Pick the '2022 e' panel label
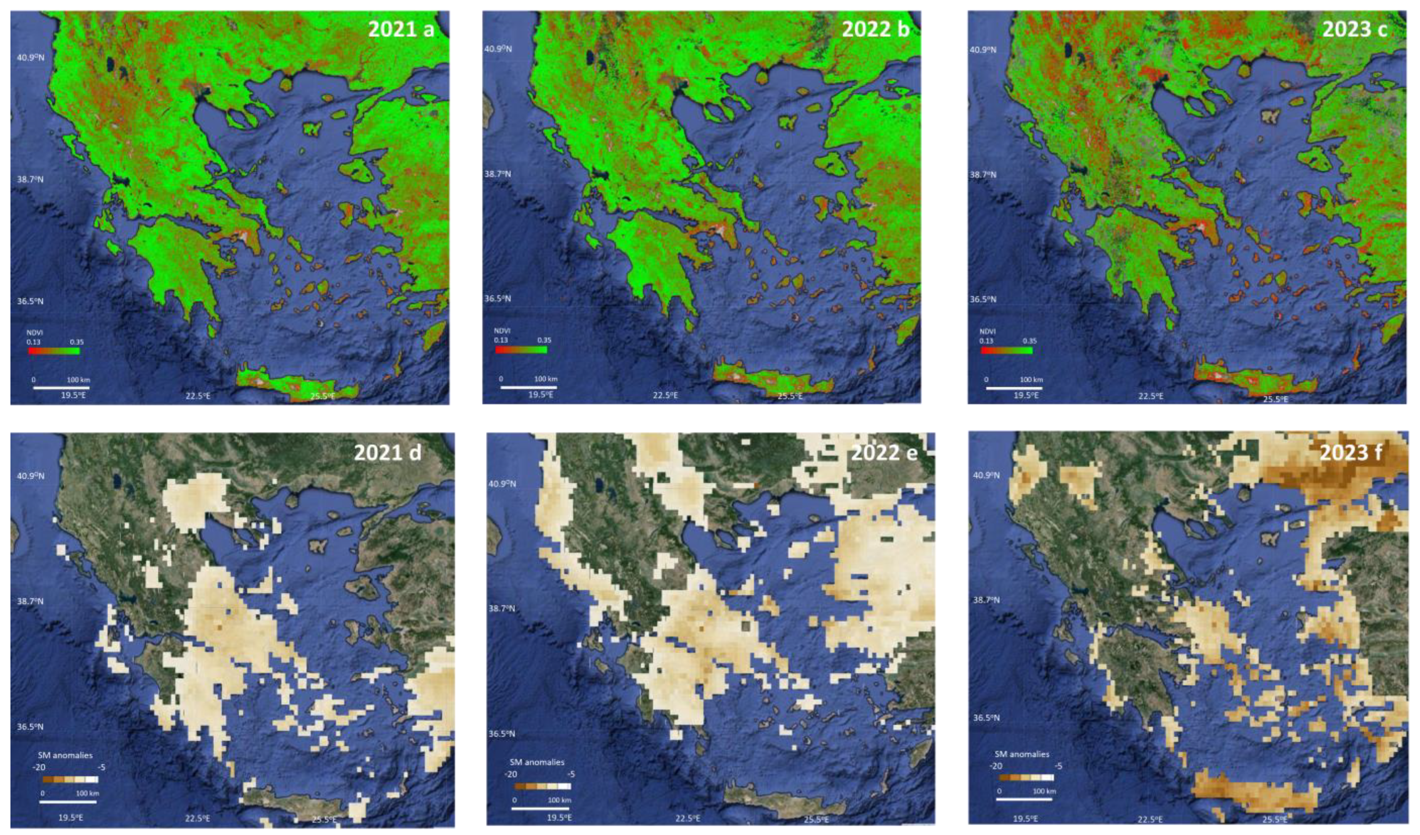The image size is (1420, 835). (x=884, y=452)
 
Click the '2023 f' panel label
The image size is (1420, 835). (x=1351, y=452)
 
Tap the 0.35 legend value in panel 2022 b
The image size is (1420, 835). (x=544, y=340)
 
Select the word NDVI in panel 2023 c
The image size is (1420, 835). (x=987, y=332)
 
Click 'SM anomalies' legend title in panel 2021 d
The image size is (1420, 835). (x=65, y=755)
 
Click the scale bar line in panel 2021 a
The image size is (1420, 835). (x=61, y=388)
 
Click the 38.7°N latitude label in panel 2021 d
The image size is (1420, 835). (x=30, y=601)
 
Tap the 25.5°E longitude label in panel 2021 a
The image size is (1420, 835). (x=322, y=396)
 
